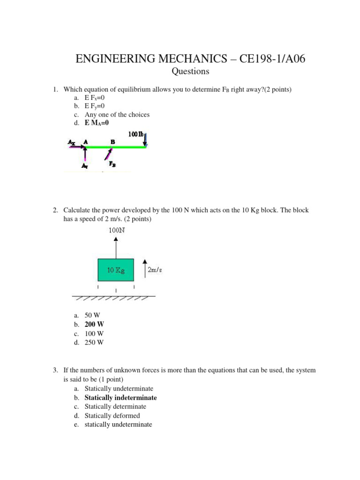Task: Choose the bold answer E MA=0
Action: tap(97, 123)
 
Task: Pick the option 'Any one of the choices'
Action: tap(117, 114)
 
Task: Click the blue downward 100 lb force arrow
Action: tap(146, 139)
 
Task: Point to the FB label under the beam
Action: tap(113, 164)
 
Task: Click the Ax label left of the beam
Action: tap(71, 141)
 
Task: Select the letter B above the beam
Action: tap(112, 141)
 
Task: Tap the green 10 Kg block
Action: tap(116, 270)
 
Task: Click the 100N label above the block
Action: tap(117, 230)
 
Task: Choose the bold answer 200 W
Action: tap(94, 324)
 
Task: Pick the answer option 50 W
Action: tap(92, 315)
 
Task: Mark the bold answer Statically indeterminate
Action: tap(120, 397)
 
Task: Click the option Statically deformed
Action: tap(112, 415)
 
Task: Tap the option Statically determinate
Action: tap(115, 406)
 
